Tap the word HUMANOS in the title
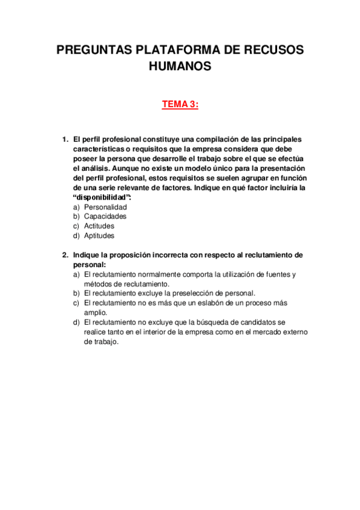[x=180, y=66]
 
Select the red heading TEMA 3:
[x=180, y=105]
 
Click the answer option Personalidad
[x=105, y=207]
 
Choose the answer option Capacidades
[x=105, y=217]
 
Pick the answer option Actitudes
[x=99, y=226]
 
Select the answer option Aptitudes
[x=99, y=236]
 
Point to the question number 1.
[x=65, y=140]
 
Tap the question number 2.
[x=65, y=255]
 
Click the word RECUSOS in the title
[x=277, y=50]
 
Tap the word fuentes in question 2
[x=272, y=274]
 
